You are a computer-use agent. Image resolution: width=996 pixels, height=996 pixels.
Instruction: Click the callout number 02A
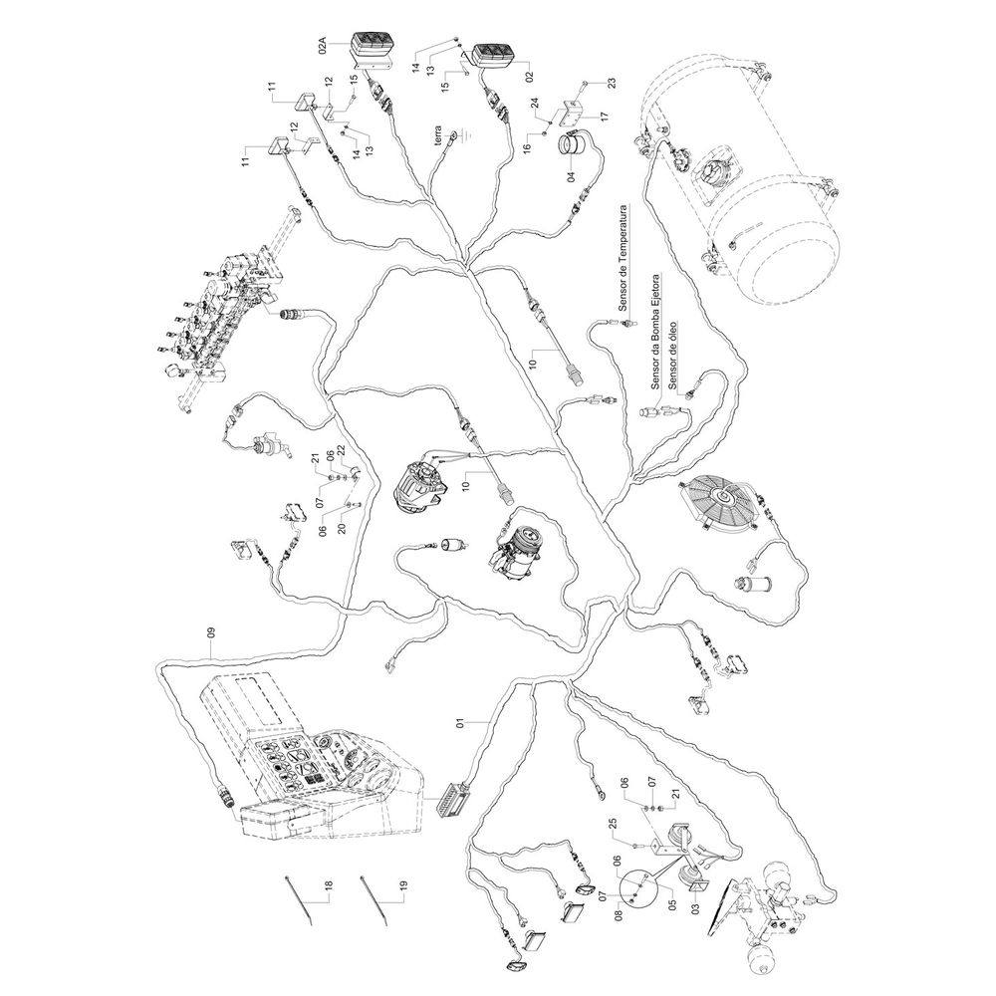(x=323, y=48)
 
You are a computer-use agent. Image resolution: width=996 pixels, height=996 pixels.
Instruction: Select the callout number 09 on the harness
(x=211, y=632)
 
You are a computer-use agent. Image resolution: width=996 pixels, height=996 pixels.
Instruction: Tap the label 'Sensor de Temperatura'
(x=623, y=257)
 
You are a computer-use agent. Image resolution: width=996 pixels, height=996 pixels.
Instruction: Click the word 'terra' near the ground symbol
(x=437, y=135)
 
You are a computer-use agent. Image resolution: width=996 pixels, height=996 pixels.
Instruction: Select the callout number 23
(x=612, y=83)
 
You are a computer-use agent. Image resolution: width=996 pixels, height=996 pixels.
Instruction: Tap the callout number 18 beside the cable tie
(x=329, y=886)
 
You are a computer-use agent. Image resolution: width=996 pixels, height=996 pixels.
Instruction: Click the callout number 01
(x=460, y=722)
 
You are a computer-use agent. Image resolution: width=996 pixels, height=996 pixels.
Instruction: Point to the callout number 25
(x=613, y=825)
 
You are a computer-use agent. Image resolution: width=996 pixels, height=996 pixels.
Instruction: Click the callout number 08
(x=619, y=915)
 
